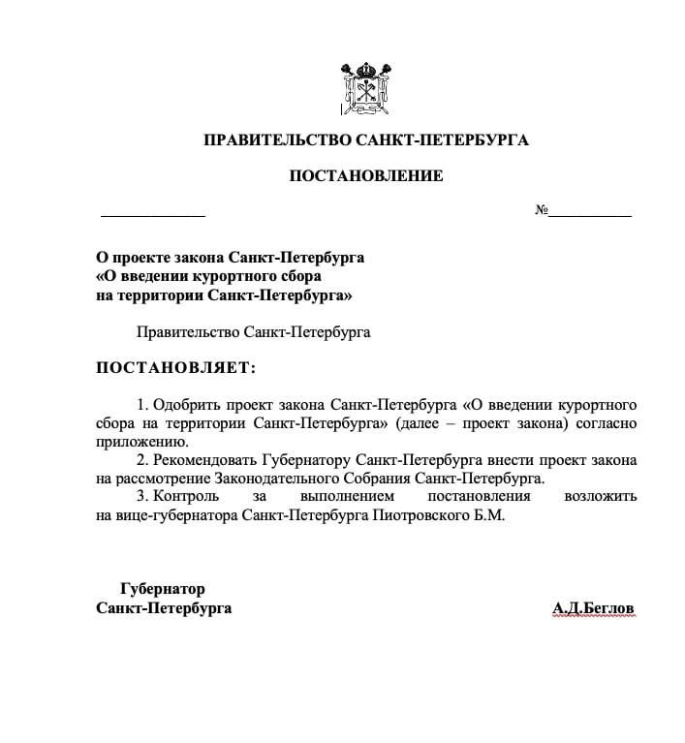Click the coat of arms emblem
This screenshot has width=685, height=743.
pos(366,89)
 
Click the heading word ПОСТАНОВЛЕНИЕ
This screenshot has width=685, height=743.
pos(366,176)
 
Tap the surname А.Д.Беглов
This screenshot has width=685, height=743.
pos(593,607)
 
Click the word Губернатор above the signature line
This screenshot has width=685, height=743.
pos(163,588)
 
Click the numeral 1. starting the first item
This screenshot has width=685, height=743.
pos(143,404)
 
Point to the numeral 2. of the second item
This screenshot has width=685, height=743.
pos(143,459)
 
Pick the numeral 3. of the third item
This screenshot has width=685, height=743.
pos(143,497)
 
